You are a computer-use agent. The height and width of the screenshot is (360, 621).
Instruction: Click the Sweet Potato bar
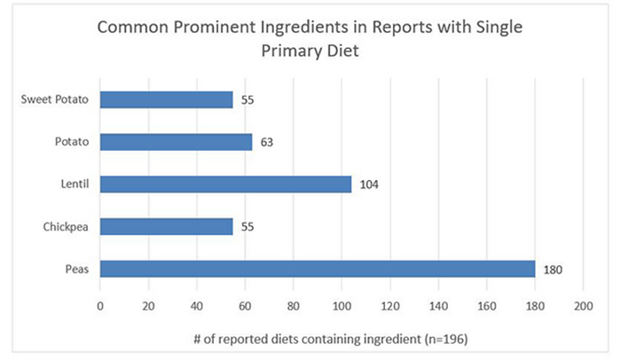[166, 99]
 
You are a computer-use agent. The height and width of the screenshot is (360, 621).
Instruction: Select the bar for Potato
[176, 142]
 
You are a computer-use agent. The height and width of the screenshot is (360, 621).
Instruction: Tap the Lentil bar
[225, 184]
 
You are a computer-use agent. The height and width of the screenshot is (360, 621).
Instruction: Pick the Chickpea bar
[166, 227]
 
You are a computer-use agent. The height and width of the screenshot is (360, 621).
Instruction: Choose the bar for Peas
[317, 269]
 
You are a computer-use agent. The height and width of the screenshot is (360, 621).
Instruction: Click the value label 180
[552, 270]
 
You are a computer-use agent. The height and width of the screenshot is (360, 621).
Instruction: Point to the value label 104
[368, 184]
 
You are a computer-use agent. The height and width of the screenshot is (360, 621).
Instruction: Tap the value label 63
[264, 142]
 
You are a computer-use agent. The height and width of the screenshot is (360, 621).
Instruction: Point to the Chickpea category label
[67, 227]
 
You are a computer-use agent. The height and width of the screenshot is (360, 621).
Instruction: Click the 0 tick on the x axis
[100, 305]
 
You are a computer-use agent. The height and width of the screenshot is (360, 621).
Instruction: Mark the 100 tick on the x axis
[342, 305]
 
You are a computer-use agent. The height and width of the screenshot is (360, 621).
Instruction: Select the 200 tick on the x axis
[583, 305]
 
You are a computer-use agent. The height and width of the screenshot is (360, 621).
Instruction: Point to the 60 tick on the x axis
[245, 305]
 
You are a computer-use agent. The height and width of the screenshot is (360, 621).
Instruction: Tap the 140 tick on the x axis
[438, 305]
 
